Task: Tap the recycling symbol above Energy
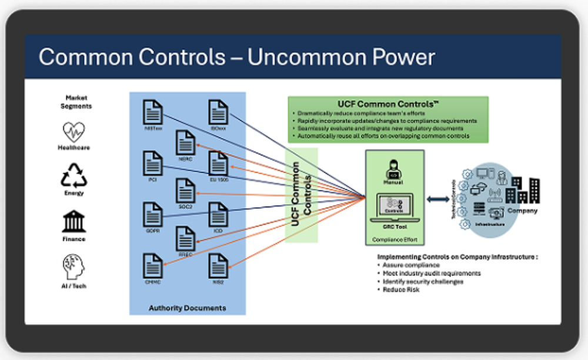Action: (73, 176)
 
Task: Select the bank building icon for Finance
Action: (73, 222)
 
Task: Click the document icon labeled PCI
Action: (153, 163)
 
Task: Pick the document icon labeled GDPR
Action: (153, 214)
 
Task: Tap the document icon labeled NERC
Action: (185, 142)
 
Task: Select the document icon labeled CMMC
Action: (153, 265)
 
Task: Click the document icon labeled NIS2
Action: (218, 265)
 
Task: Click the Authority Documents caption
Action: (187, 308)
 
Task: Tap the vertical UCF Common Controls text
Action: (301, 195)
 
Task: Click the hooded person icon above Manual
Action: (393, 169)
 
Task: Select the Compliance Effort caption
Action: (393, 240)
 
